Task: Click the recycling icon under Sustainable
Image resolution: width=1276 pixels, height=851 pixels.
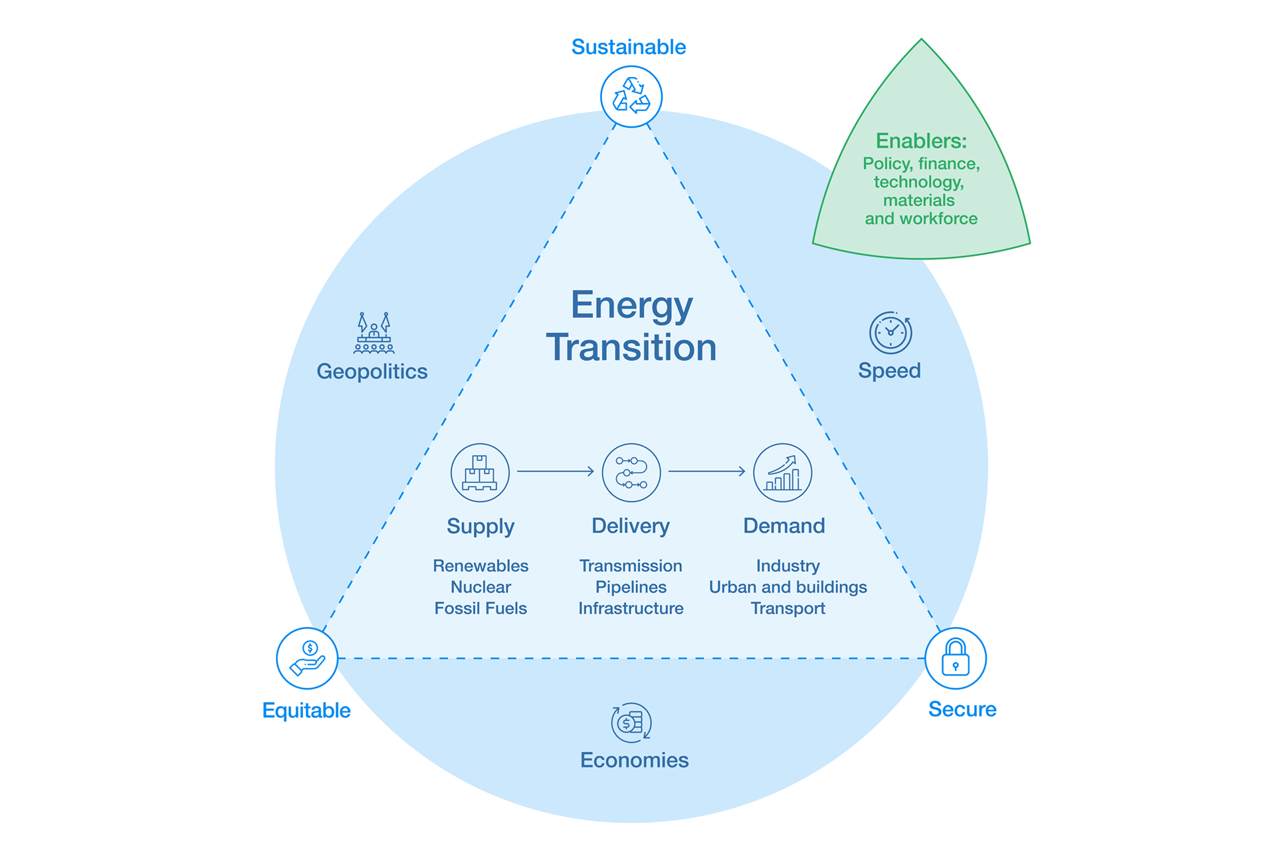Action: click(631, 96)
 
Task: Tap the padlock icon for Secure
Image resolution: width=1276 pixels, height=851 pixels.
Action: click(955, 658)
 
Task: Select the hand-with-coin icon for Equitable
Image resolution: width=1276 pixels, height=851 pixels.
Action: click(307, 658)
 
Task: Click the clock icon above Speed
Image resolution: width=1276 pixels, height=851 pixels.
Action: click(890, 332)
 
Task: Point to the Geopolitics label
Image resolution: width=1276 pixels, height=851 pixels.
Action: click(372, 371)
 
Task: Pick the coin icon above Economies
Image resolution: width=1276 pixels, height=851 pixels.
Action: click(631, 722)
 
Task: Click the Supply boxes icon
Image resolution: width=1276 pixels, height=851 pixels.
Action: click(480, 472)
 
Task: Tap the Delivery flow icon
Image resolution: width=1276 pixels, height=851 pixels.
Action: click(631, 472)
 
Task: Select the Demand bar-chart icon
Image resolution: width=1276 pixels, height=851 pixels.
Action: click(782, 472)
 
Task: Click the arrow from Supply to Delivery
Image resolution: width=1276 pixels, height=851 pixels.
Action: click(555, 471)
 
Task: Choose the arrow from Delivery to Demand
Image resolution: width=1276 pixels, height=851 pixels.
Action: click(706, 471)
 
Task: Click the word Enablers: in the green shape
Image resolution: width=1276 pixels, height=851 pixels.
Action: click(921, 141)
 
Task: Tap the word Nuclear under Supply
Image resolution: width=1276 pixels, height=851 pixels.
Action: click(480, 587)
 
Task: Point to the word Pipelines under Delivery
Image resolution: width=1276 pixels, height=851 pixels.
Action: click(631, 587)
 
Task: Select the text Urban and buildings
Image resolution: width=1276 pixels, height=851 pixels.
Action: click(788, 587)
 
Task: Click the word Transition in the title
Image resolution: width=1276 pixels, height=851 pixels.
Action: click(631, 347)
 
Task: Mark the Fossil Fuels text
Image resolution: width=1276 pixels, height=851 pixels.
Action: click(480, 608)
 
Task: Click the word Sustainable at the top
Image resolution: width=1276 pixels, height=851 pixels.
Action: click(628, 47)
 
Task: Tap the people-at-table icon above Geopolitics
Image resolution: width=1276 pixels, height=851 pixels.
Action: click(373, 333)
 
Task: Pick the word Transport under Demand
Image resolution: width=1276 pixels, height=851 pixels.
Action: click(788, 608)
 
